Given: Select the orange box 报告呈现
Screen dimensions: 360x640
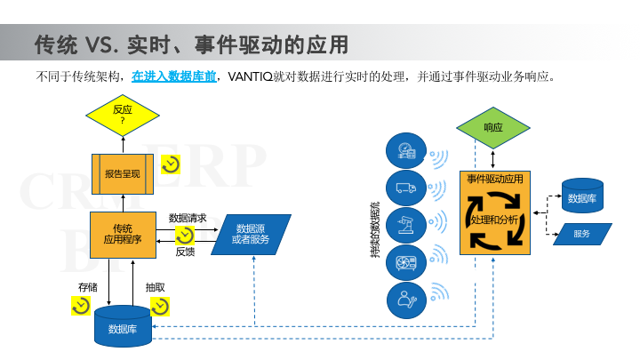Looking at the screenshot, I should (x=123, y=172).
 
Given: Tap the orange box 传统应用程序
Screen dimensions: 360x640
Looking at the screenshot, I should (x=123, y=234).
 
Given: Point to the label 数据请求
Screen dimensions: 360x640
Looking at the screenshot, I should (x=188, y=218).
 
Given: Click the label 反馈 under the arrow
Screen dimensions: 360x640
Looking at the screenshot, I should (x=185, y=252).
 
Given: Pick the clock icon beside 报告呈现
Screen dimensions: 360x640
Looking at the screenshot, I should (x=170, y=165).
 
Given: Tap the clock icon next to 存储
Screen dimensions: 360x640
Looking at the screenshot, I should (x=81, y=306).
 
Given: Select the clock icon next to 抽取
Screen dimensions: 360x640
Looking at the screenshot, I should (x=160, y=306).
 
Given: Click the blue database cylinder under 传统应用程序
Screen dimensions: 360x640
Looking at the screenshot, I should (x=123, y=328).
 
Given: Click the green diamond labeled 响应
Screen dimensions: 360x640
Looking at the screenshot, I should (x=493, y=127).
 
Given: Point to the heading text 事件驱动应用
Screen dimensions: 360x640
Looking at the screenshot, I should (x=495, y=179).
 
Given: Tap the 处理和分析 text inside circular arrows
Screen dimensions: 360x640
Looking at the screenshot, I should (x=495, y=219).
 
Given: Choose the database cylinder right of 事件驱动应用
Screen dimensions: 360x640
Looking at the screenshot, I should (x=582, y=197).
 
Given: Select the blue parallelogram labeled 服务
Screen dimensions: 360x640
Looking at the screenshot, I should (x=582, y=234).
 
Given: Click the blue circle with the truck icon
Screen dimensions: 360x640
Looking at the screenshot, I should (x=406, y=188).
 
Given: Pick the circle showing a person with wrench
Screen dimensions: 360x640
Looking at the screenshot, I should (x=406, y=300).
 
